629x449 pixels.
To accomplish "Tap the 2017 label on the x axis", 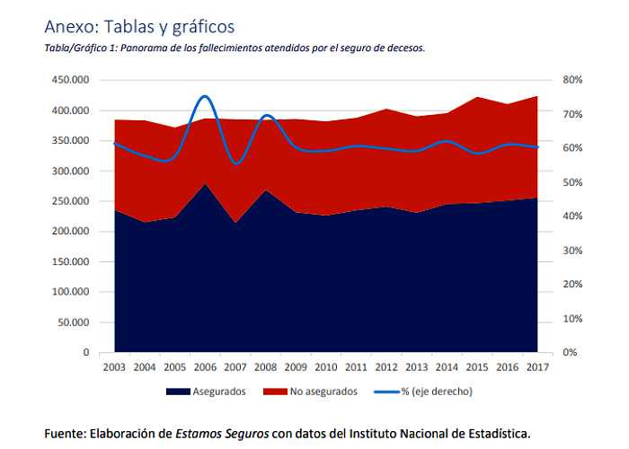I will coord(537,366).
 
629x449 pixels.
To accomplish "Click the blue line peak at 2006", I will coord(205,96).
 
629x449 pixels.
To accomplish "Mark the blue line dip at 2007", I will coord(235,163).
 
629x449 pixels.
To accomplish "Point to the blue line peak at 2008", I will coord(266,116).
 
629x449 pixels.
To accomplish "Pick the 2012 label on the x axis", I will coord(387,366).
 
